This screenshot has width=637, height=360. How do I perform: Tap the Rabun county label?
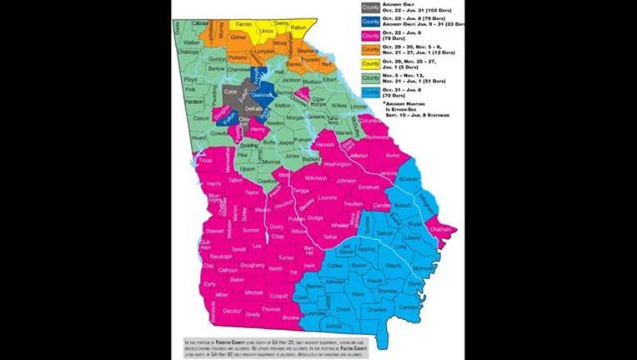pos(299,27)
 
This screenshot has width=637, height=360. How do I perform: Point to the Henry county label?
pos(257,129)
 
